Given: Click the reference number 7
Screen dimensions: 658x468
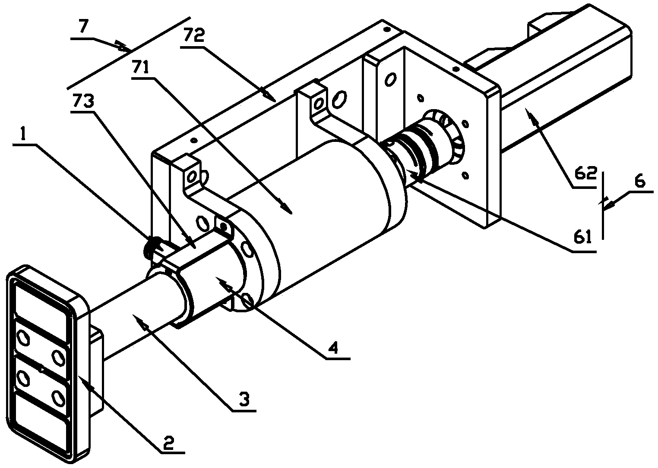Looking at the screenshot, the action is (83, 27).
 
